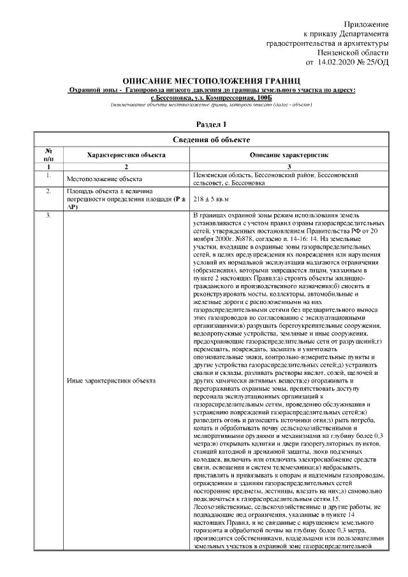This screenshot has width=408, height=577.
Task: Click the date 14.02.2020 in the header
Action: tap(336, 62)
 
